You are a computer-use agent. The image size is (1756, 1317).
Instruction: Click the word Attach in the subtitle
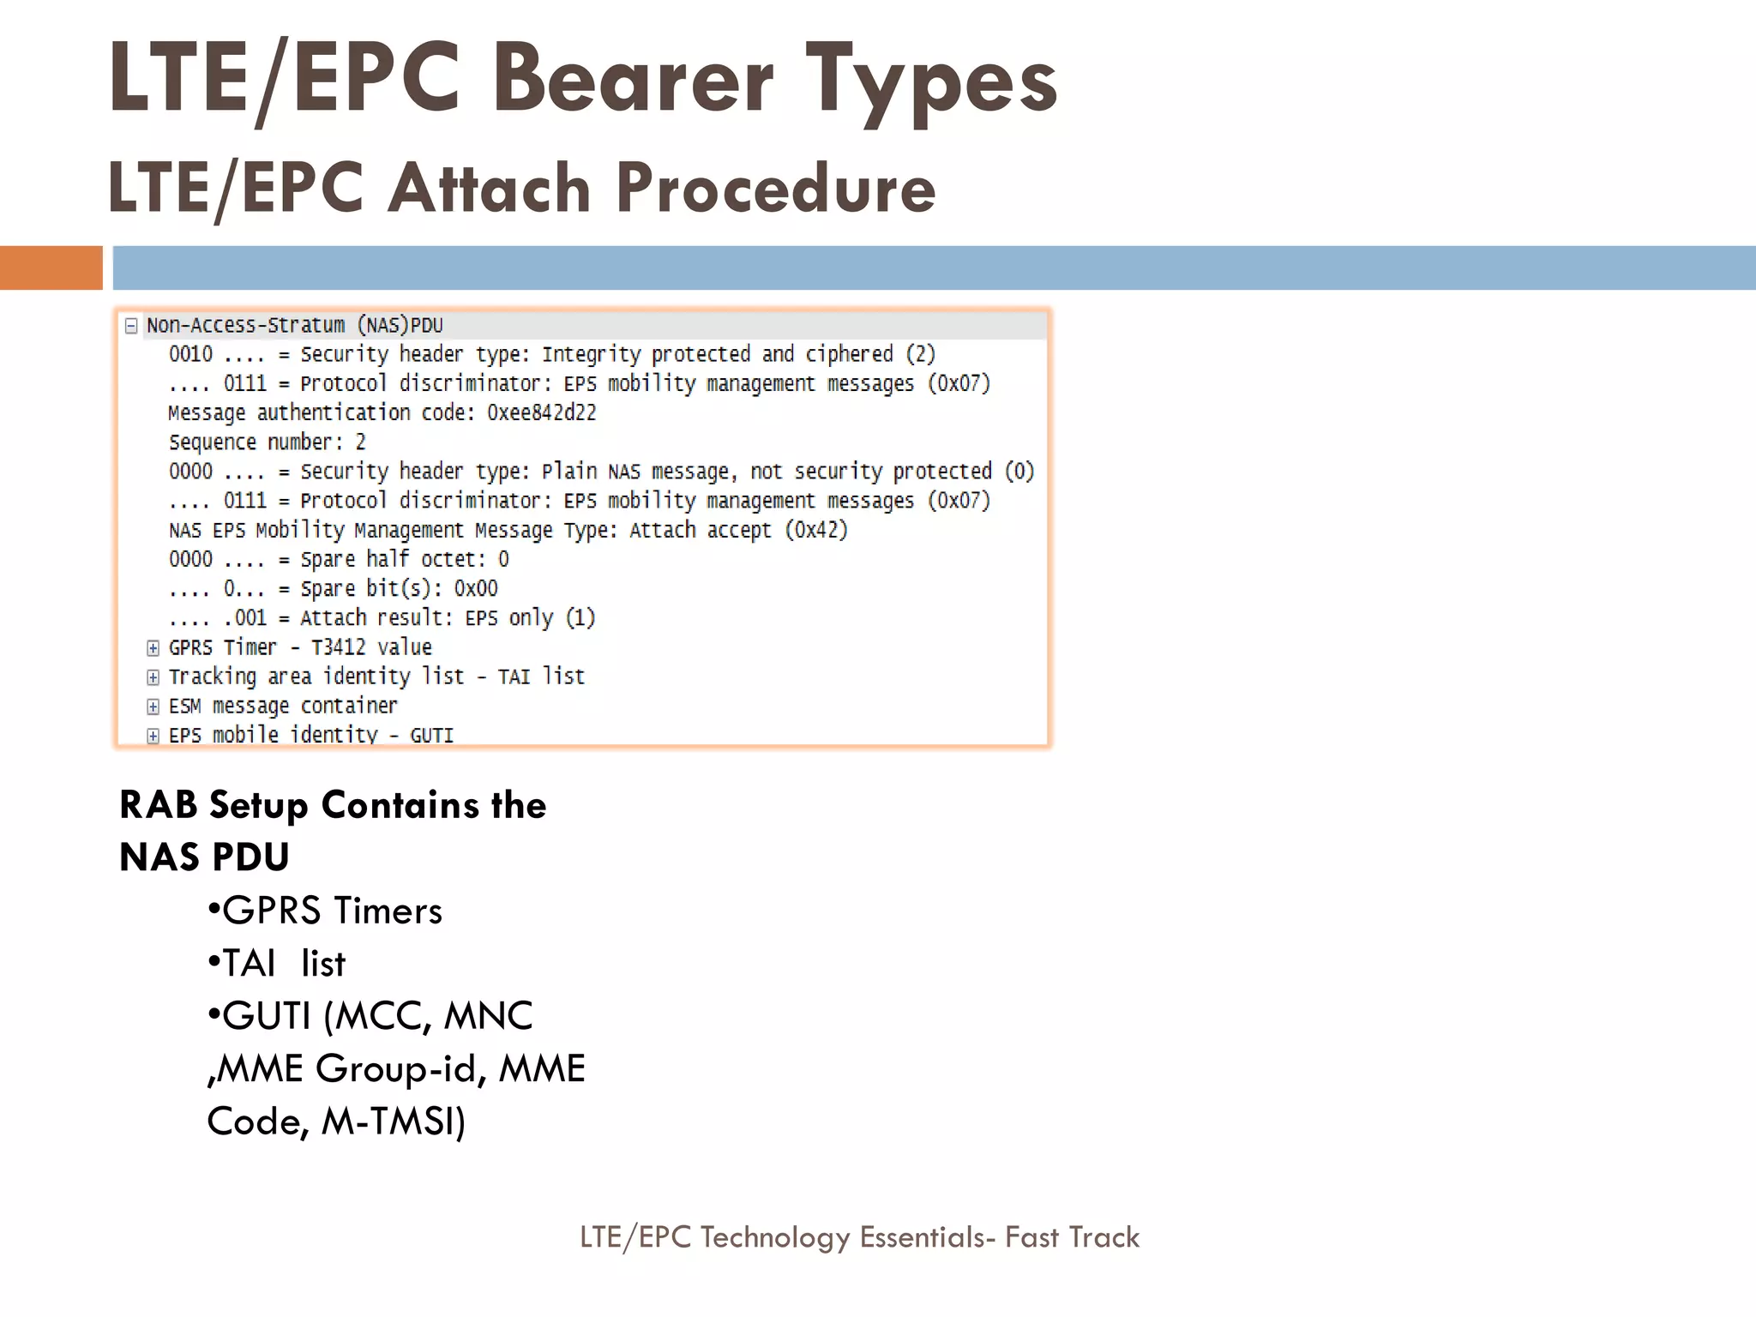tap(489, 188)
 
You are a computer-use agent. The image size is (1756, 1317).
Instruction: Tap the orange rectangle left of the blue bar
tap(51, 268)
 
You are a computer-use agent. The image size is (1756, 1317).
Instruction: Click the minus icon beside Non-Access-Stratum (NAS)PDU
tap(131, 326)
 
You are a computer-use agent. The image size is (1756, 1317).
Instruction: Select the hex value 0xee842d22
tap(541, 413)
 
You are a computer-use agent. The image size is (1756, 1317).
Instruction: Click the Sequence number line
tap(267, 442)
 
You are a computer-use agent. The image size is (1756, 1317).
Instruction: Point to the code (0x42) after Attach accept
tap(816, 530)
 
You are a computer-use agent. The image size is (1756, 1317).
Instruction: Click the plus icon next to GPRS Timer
tap(153, 648)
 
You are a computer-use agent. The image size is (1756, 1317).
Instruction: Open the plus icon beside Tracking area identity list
tap(153, 677)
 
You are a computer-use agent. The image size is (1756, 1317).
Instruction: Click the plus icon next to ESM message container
tap(153, 707)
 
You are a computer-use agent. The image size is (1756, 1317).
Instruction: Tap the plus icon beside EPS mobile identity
tap(153, 736)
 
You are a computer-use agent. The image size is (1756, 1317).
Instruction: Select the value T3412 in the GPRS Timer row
tap(338, 647)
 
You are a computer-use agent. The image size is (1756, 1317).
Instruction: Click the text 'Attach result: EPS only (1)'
tap(447, 618)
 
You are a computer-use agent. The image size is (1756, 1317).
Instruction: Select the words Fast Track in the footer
tap(1072, 1237)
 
